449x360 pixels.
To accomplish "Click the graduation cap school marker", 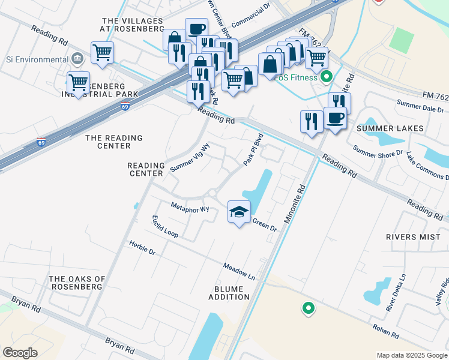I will (x=239, y=212).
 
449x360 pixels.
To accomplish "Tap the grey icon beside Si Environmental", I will (x=77, y=59).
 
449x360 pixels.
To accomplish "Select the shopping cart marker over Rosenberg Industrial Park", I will (x=78, y=83).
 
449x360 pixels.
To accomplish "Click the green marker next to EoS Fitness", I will (x=327, y=77).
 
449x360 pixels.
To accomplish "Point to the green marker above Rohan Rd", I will (x=308, y=308).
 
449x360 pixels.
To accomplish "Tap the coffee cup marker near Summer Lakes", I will (x=335, y=118).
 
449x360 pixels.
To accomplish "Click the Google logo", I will (x=20, y=353).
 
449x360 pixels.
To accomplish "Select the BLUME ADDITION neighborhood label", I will (x=228, y=293).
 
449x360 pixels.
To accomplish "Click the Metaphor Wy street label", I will (x=190, y=209).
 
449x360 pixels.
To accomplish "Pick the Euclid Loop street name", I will (x=164, y=226).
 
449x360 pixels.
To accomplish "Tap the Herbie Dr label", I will (x=142, y=248).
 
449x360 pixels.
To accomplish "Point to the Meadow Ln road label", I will (x=240, y=271).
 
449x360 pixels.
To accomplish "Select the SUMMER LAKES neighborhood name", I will (x=390, y=128).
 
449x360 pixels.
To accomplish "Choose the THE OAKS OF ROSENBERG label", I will (x=77, y=283).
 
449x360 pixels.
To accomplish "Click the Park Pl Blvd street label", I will (x=253, y=149).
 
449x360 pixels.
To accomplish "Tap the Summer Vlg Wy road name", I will (x=190, y=158).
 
